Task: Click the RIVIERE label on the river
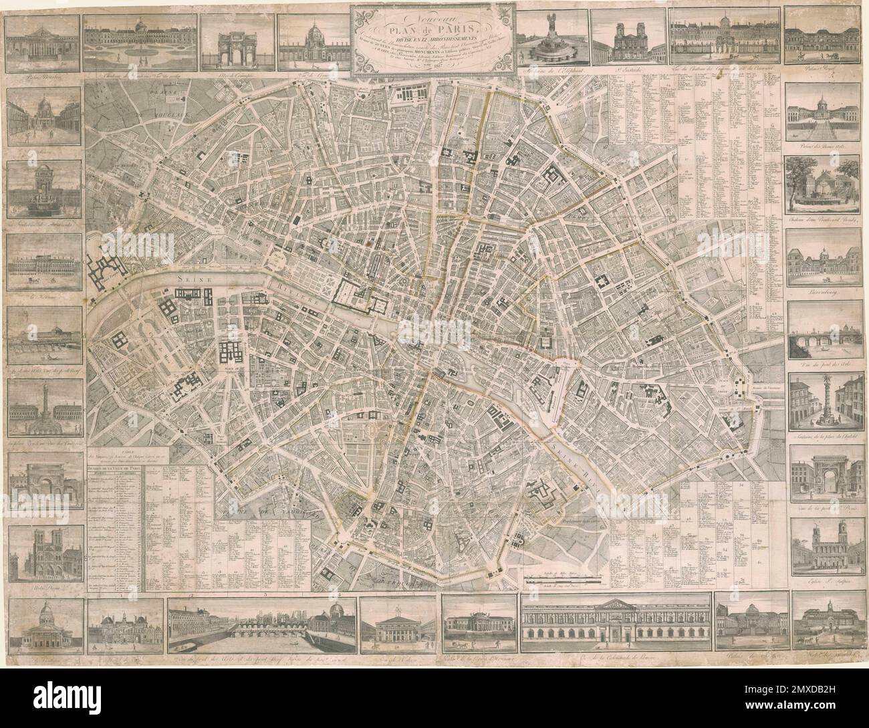point(305,301)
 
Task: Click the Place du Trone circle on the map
point(727,457)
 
